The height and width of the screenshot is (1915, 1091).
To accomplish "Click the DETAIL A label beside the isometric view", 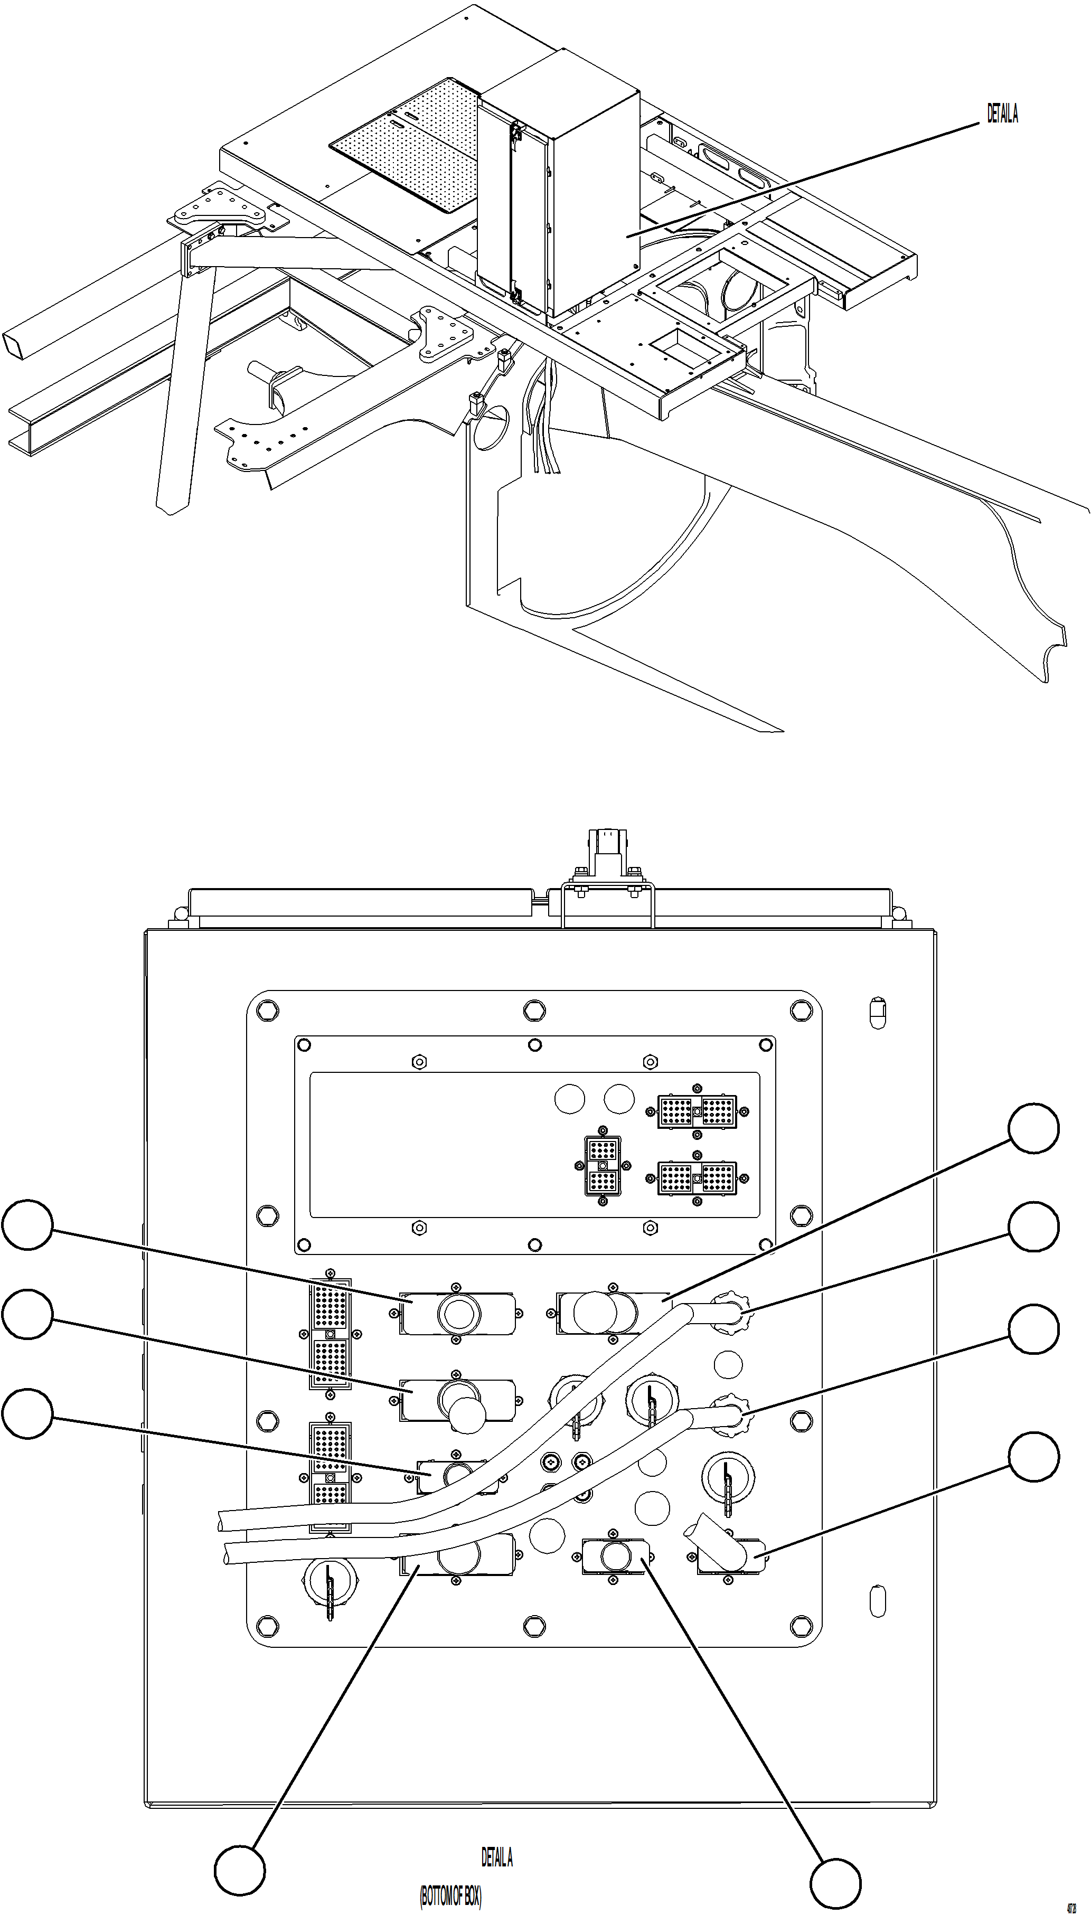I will click(x=1002, y=114).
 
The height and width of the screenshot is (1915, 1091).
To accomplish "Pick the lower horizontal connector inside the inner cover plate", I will click(x=697, y=1178).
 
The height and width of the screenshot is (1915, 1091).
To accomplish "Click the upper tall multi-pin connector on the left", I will click(x=330, y=1334).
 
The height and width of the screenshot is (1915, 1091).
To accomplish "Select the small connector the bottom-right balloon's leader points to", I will click(x=614, y=1555).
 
